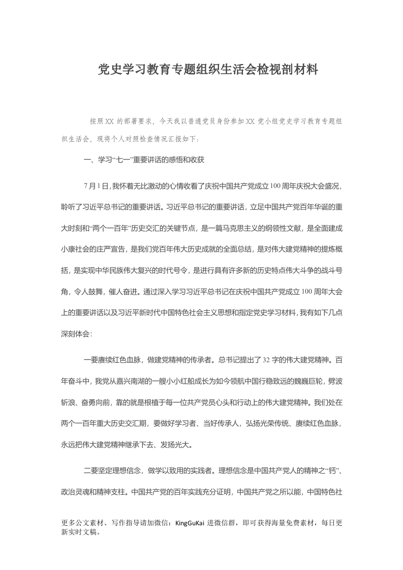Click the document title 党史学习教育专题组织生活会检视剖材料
pos(208,70)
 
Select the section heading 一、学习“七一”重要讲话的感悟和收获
pos(144,160)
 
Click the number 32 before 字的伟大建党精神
pos(266,360)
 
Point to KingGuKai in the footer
pos(190,523)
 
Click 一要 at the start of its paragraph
pos(90,360)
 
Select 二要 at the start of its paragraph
pos(90,470)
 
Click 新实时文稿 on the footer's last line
pos(78,532)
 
